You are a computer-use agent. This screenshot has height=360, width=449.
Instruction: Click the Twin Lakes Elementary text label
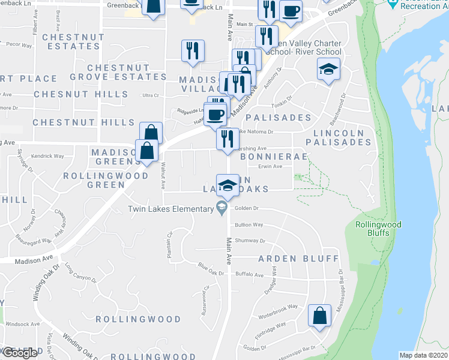(170, 209)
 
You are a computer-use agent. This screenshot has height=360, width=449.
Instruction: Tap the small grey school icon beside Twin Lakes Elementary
(221, 209)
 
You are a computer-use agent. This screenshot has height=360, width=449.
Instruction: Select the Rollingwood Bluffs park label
(378, 229)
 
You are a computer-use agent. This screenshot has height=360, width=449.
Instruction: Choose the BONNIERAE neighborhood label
(274, 156)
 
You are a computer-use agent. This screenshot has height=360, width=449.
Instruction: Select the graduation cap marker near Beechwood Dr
(328, 70)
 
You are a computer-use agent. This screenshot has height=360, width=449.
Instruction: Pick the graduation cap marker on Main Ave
(226, 185)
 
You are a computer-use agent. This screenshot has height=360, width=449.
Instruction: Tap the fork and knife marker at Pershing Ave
(226, 139)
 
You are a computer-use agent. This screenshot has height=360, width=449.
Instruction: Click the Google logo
(19, 353)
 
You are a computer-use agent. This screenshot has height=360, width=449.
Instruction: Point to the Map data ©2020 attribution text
(423, 355)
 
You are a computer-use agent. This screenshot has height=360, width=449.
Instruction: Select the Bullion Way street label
(249, 225)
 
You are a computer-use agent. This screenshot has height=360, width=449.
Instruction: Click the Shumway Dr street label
(250, 241)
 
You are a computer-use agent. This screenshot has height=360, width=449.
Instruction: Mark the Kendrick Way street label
(47, 156)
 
